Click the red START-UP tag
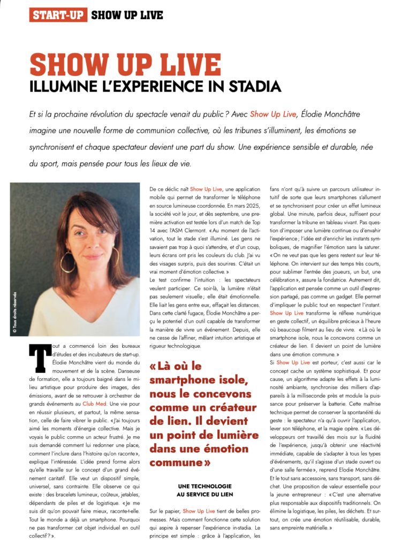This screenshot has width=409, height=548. pyautogui.click(x=58, y=15)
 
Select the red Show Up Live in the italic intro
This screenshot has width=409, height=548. pyautogui.click(x=273, y=114)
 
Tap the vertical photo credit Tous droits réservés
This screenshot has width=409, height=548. pyautogui.click(x=14, y=313)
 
